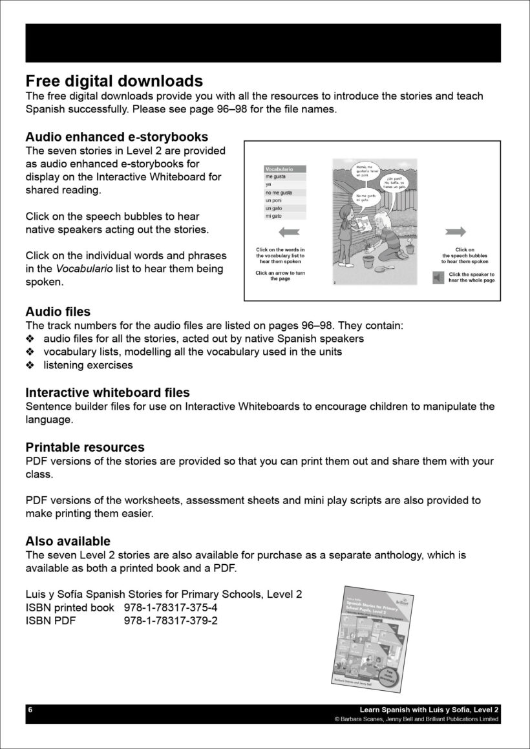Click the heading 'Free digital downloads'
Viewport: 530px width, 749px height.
pos(114,81)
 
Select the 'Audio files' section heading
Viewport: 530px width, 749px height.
pos(58,312)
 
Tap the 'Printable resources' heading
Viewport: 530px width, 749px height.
pos(85,447)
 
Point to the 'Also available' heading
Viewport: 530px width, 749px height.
pos(68,541)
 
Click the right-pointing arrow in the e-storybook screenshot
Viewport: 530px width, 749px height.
pos(456,232)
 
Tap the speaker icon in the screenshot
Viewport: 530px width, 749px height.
pos(438,277)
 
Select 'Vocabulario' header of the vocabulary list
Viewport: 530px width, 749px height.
pos(280,169)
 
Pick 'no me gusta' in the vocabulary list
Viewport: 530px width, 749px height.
pos(279,193)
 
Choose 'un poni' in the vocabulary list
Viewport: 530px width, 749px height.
pos(273,200)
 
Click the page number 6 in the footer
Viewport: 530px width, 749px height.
pos(30,710)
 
